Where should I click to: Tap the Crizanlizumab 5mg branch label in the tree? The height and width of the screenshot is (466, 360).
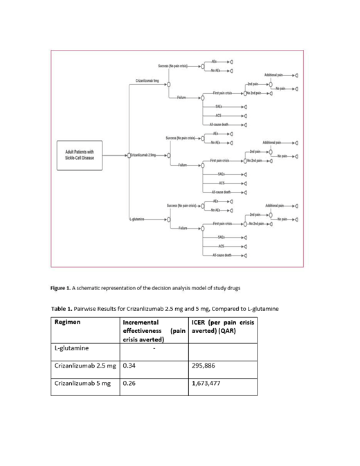[148, 82]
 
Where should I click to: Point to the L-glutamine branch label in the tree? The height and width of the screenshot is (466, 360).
[140, 218]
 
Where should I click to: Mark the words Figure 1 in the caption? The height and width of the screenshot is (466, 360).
[65, 287]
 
